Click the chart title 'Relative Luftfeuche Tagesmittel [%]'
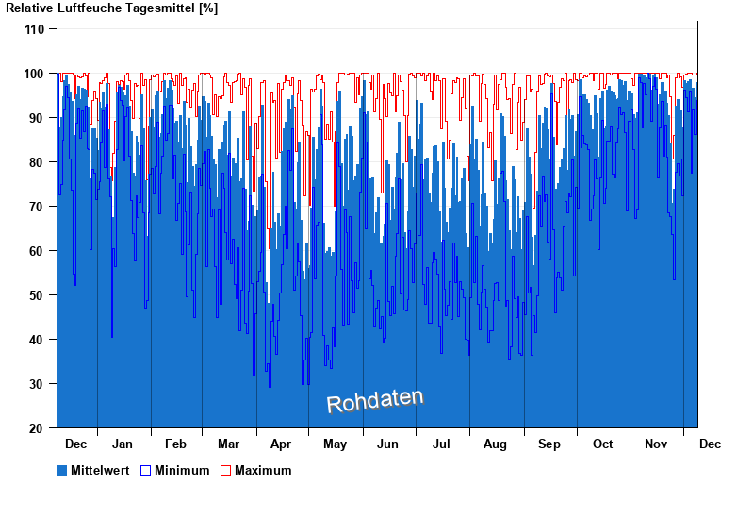coord(111,8)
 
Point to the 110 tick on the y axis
coord(34,29)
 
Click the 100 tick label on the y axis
coord(34,74)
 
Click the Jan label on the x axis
coord(122,444)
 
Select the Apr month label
coord(281,444)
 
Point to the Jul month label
coord(441,444)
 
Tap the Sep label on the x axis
coord(549,444)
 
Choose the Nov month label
coord(655,444)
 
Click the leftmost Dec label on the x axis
coord(76,444)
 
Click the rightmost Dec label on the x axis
coord(710,444)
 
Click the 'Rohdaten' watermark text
coord(375,401)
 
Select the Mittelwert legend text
coord(100,471)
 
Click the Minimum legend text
coord(182,471)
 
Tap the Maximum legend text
coord(263,471)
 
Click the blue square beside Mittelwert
coord(62,470)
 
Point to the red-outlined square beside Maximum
coord(226,470)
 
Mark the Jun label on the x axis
coord(387,444)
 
